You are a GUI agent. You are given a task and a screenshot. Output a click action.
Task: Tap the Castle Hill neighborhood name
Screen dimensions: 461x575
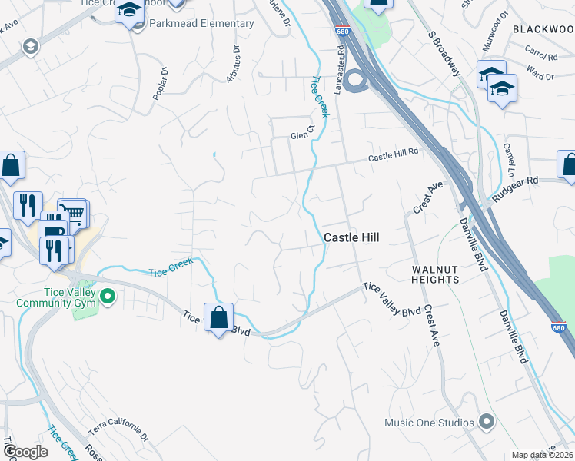coord(352,238)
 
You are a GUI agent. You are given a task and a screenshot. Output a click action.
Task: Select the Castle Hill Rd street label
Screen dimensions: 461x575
coord(393,155)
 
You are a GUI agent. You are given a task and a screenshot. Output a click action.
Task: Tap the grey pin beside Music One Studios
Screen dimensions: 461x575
coord(486,421)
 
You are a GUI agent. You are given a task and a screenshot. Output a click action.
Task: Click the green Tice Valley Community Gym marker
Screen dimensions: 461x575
coord(108,295)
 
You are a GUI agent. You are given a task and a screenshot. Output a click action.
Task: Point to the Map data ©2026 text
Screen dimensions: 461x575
coord(543,455)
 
